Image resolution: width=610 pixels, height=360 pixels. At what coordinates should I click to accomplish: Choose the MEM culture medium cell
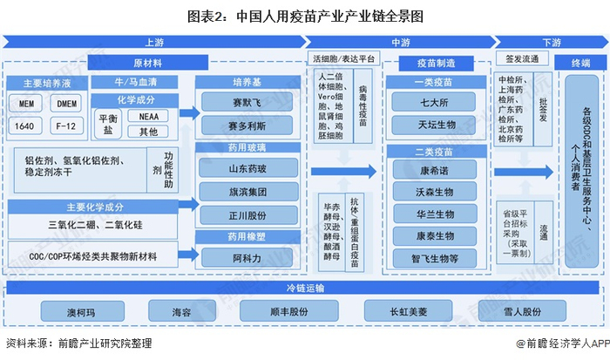point(25,103)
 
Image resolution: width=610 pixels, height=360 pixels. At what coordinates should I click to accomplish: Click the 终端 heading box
point(580,63)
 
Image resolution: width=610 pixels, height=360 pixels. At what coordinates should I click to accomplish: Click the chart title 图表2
point(305,15)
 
